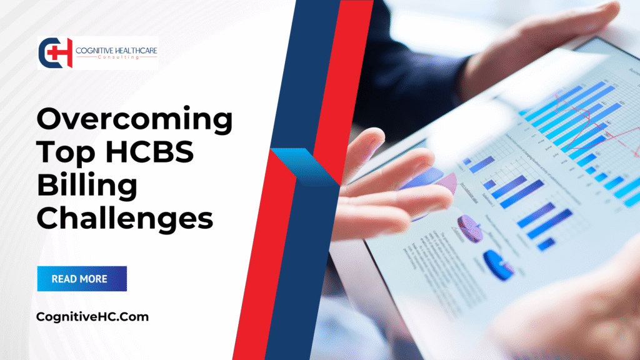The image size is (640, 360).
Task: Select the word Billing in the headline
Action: (87, 186)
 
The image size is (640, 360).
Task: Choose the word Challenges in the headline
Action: (125, 219)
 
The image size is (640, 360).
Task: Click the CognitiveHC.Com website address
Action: (93, 317)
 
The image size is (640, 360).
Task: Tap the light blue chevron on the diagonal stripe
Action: (306, 165)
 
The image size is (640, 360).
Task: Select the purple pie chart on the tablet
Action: (469, 228)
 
